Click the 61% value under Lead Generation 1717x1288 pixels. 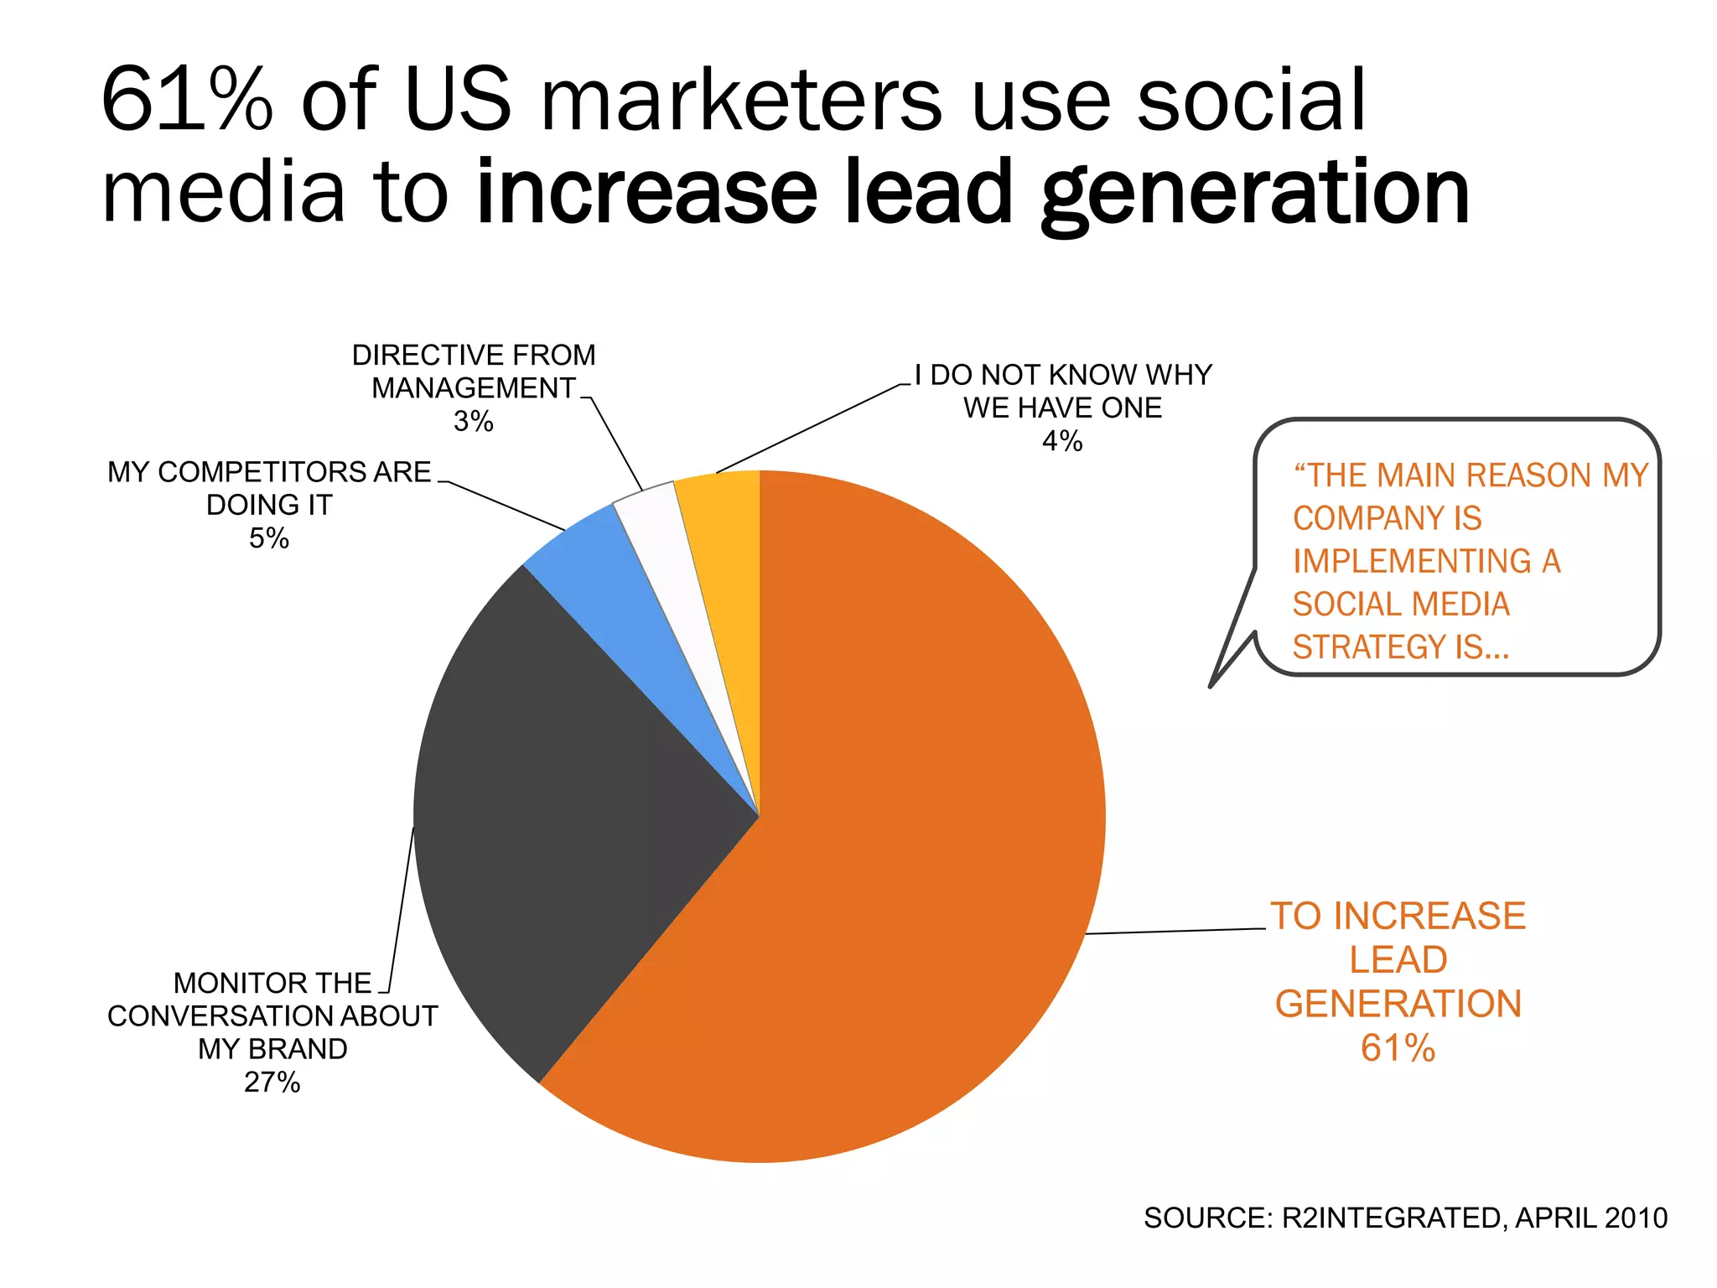tap(1398, 1048)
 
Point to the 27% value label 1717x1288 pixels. tap(272, 1083)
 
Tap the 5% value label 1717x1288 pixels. tap(269, 538)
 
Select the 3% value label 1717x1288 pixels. tap(474, 421)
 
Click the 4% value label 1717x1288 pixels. tap(1062, 441)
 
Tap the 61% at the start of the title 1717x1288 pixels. tap(186, 101)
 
